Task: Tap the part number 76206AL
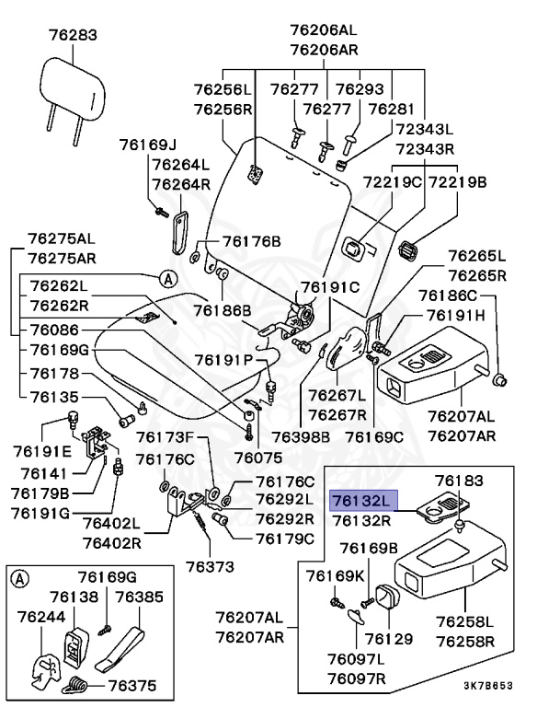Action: pyautogui.click(x=321, y=29)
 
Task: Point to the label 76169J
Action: pyautogui.click(x=147, y=145)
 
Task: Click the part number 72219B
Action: pyautogui.click(x=456, y=181)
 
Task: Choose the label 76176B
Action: pyautogui.click(x=251, y=241)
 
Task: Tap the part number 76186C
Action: pyautogui.click(x=448, y=295)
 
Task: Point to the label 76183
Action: pyautogui.click(x=459, y=480)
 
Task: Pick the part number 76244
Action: pyautogui.click(x=41, y=617)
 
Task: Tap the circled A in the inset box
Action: pyautogui.click(x=20, y=578)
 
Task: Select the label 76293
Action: pyautogui.click(x=359, y=89)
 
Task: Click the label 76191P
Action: pyautogui.click(x=217, y=359)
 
